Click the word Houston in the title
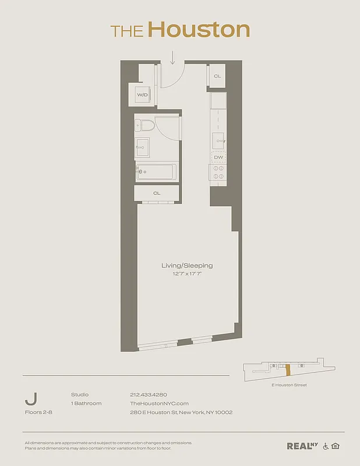click(x=198, y=30)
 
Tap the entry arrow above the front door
click(x=173, y=57)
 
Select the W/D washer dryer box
click(x=142, y=94)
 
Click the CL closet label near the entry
click(x=217, y=76)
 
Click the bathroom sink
click(x=142, y=147)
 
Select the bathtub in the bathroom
click(x=156, y=172)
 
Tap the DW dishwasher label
click(x=218, y=157)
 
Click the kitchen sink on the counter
click(x=218, y=140)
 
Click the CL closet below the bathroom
click(x=157, y=193)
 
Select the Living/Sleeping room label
click(x=187, y=266)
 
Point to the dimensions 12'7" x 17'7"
click(x=187, y=274)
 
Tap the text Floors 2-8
click(x=38, y=412)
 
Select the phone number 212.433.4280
click(x=149, y=394)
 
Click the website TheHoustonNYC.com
click(x=159, y=403)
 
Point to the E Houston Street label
click(x=289, y=385)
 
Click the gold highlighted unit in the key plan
click(x=287, y=371)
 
